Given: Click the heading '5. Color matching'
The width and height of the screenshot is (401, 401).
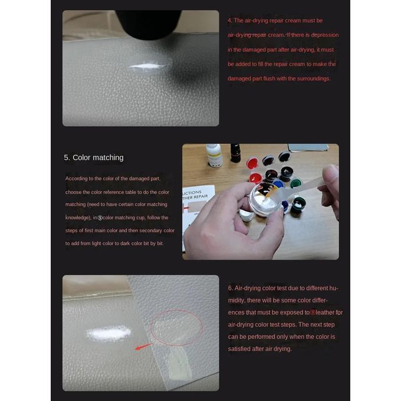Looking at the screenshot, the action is pos(94,157).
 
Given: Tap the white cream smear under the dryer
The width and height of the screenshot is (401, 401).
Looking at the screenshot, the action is pos(146,66).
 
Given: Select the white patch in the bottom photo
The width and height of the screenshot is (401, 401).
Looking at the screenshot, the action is pos(109,333).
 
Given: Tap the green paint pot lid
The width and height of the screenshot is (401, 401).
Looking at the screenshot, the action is pos(295,183).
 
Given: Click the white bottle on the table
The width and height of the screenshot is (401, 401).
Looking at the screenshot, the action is pos(214,155).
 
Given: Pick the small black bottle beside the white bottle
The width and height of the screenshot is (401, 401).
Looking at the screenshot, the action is pos(235,153).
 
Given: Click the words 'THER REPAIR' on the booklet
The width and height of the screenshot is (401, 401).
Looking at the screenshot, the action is pos(195,197).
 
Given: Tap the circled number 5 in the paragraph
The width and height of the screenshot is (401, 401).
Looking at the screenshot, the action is pos(100,218).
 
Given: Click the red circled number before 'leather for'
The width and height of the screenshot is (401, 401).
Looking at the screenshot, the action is pos(313,313).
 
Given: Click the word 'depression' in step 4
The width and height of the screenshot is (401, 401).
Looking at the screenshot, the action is pos(325,35).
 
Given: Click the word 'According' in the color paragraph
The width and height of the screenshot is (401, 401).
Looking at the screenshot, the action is pos(77,179).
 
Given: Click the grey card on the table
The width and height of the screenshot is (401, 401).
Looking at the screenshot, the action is pos(308,148).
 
